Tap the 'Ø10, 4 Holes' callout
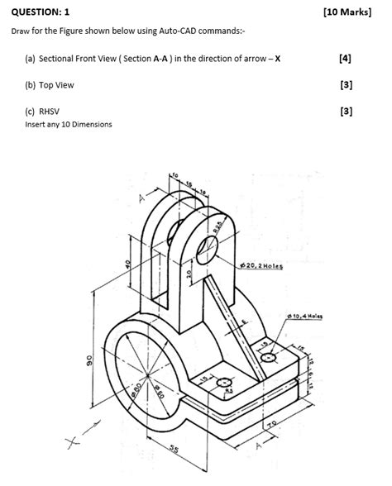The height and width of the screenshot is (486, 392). point(307,316)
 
